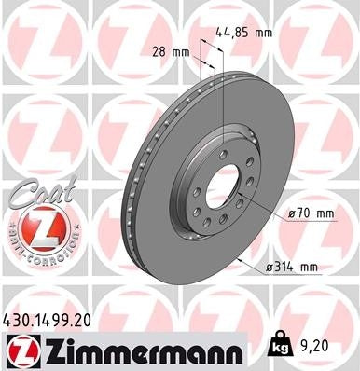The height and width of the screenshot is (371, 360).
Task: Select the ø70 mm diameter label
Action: [311, 213]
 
